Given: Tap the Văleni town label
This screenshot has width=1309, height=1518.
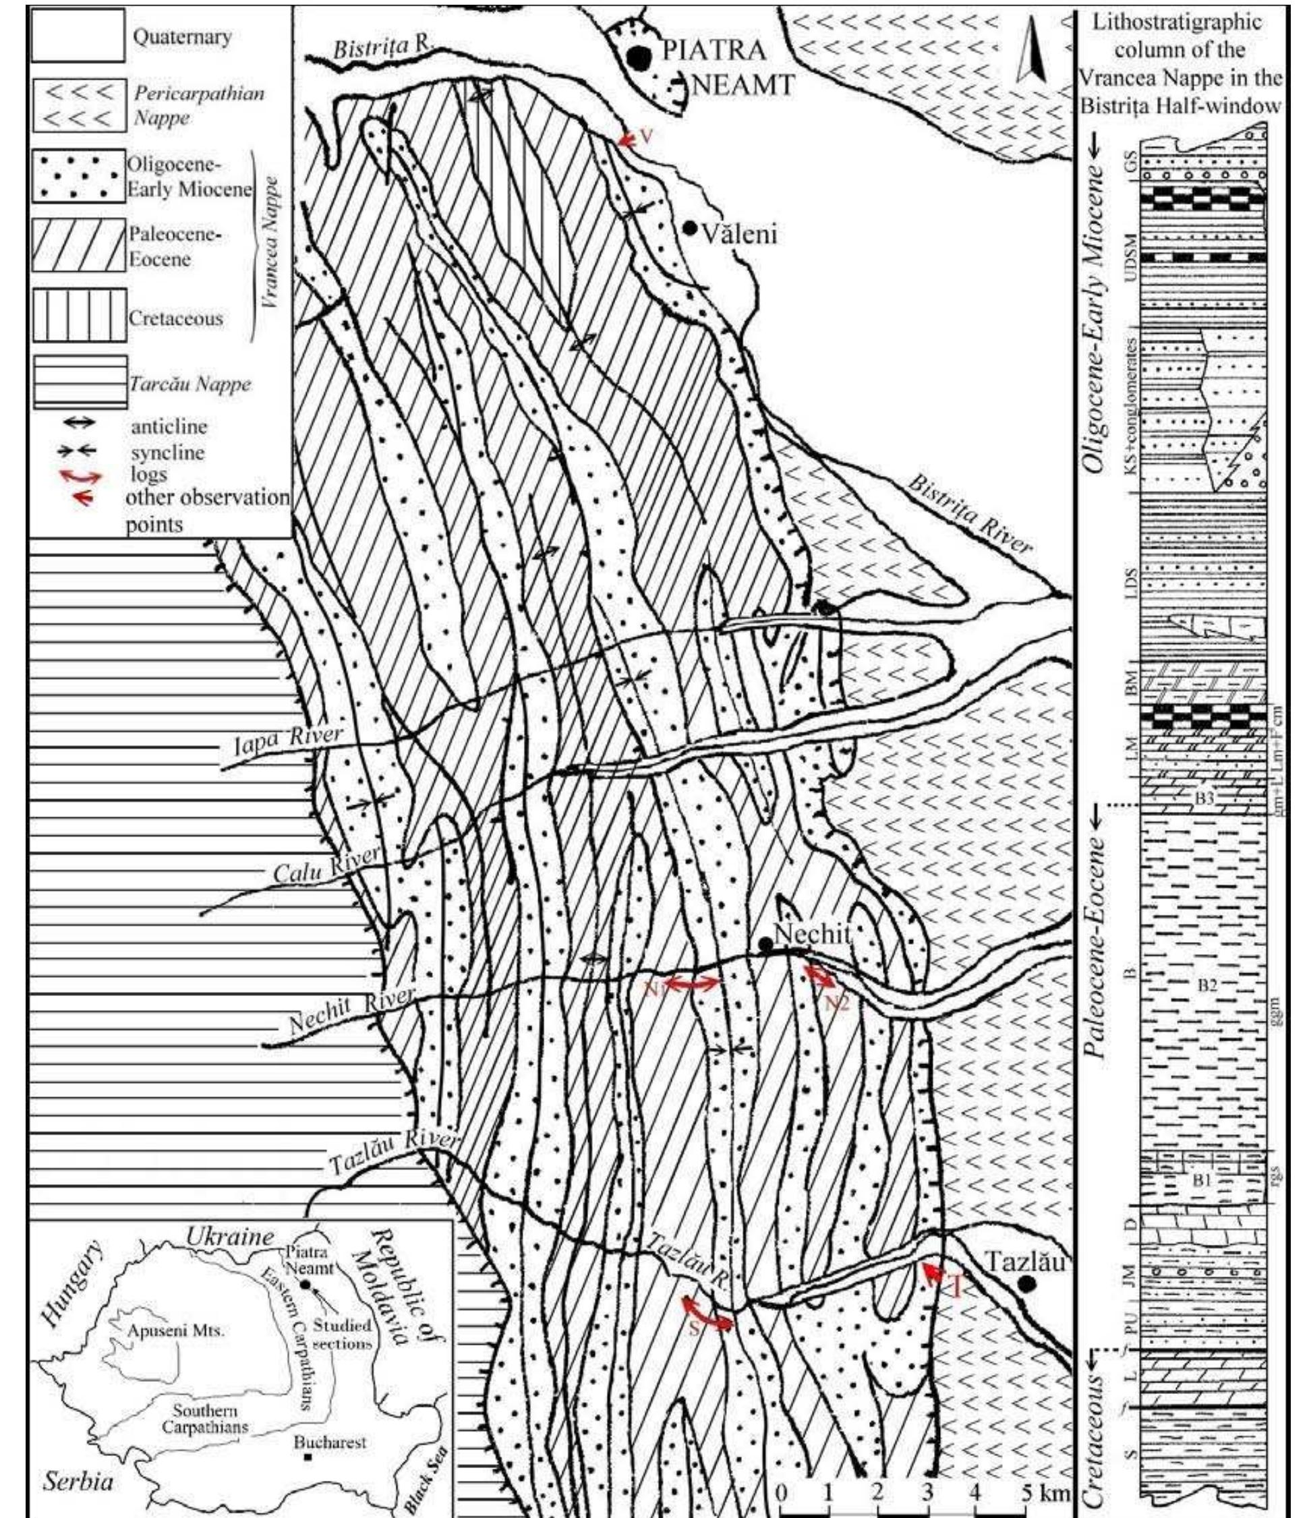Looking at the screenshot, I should [739, 234].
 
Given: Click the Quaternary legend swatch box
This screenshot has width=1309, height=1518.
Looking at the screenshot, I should [77, 35].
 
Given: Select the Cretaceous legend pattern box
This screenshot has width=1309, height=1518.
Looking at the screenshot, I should [77, 316].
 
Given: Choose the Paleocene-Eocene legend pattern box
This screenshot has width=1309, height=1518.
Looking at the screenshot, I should [77, 246].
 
